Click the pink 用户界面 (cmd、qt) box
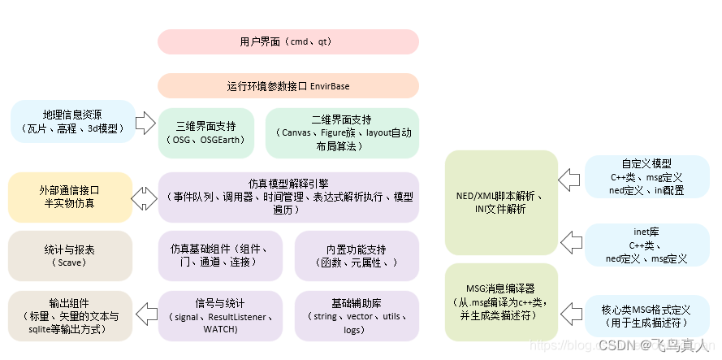click(x=288, y=41)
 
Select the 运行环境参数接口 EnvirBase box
click(x=288, y=85)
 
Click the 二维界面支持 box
click(x=343, y=132)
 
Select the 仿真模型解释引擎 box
click(x=288, y=197)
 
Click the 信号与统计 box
click(x=221, y=316)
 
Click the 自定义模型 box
click(x=646, y=177)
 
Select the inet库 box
click(x=646, y=245)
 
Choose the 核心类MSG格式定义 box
click(x=646, y=316)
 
